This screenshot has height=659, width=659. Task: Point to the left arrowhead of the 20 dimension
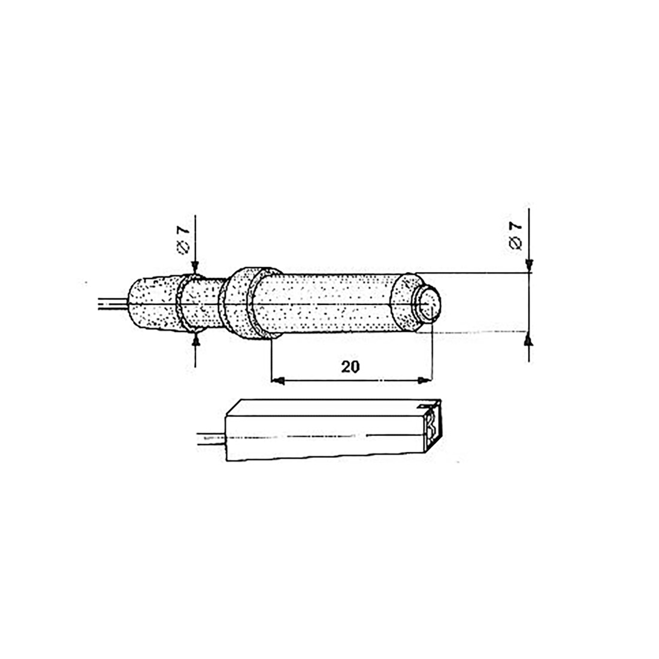point(277,380)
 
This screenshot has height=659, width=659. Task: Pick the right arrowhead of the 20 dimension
point(425,380)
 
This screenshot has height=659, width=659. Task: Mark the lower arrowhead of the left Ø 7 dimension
point(197,340)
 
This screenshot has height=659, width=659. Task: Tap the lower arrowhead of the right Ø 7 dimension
point(528,340)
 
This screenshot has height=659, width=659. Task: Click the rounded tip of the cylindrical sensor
point(430,304)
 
